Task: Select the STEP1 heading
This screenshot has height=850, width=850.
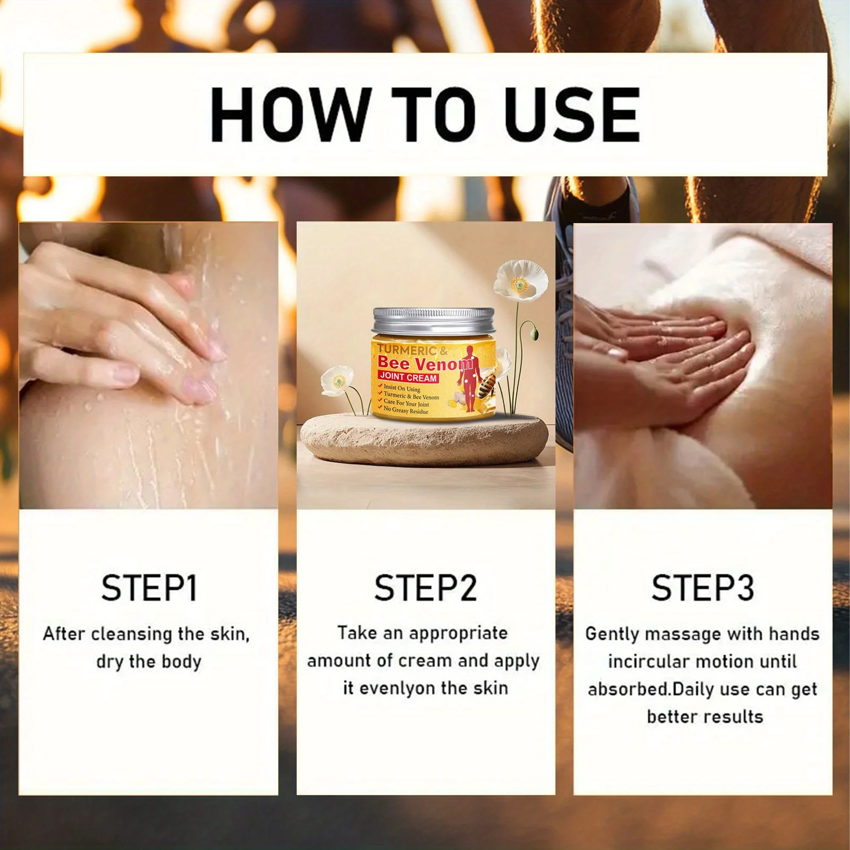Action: [149, 588]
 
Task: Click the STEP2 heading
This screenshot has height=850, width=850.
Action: [425, 588]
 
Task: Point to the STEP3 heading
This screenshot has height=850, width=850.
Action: [703, 588]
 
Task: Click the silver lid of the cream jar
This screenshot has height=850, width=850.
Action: [433, 326]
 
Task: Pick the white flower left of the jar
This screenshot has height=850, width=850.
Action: [337, 382]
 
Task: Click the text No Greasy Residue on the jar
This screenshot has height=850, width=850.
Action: [408, 411]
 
